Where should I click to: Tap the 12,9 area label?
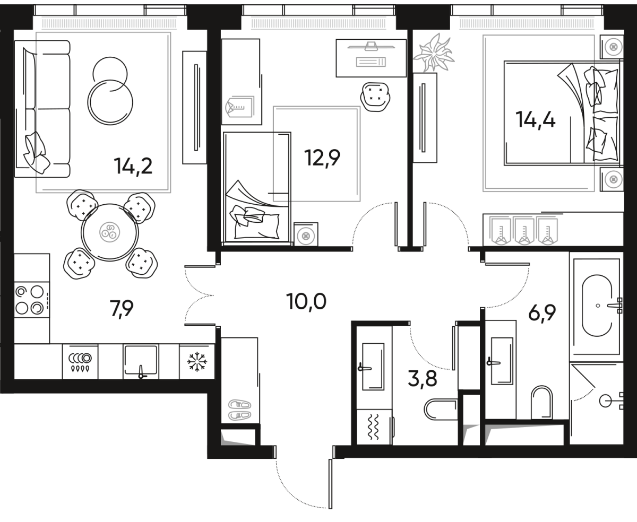[322, 157]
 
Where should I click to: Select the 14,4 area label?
[536, 120]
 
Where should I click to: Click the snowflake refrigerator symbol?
[196, 362]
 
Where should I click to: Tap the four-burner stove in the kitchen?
[30, 300]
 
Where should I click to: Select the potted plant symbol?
[434, 53]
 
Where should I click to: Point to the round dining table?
[110, 232]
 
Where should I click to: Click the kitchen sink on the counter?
[141, 361]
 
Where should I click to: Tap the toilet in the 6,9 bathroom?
[541, 402]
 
